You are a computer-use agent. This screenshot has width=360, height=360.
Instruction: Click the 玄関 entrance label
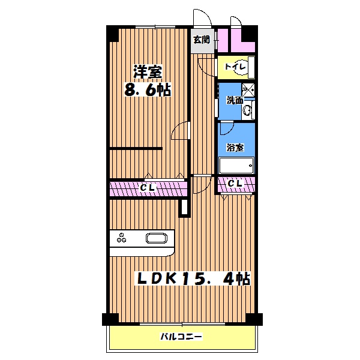click(202, 40)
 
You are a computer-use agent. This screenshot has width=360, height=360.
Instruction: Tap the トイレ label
click(235, 67)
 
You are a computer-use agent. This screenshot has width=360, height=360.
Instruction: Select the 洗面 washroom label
click(235, 100)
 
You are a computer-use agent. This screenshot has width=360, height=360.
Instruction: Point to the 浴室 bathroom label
click(235, 148)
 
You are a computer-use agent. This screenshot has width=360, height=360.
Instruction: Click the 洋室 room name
click(148, 72)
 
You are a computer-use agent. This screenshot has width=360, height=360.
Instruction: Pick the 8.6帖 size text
click(148, 90)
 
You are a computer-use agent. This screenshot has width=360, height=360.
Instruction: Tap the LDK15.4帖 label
click(194, 278)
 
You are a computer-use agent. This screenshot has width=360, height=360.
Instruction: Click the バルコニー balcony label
click(181, 337)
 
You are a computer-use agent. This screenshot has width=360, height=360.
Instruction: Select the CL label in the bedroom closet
click(148, 188)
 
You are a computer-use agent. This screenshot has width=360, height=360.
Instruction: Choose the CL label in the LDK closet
click(235, 183)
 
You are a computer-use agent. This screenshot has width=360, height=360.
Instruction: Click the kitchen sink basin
click(157, 238)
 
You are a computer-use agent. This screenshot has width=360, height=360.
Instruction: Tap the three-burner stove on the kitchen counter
click(121, 238)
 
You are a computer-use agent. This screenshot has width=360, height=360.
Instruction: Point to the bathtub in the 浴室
click(236, 166)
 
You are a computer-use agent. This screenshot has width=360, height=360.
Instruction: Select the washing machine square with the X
click(248, 89)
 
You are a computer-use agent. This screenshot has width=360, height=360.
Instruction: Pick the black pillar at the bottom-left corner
click(110, 319)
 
